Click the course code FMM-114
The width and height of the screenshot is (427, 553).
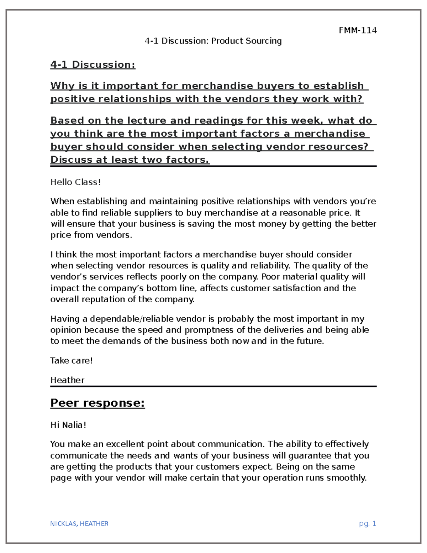tap(357, 30)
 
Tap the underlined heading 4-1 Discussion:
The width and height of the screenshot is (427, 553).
tap(93, 64)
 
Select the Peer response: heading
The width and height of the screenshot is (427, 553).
tap(97, 403)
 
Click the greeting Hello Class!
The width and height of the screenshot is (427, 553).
tap(75, 182)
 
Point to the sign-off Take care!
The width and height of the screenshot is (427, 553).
tap(72, 360)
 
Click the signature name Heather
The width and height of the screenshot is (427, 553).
tap(67, 380)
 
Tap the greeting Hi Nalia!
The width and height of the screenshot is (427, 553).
tap(68, 425)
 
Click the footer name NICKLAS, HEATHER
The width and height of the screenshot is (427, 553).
tap(79, 523)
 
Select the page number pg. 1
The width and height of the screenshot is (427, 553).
tap(368, 523)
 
